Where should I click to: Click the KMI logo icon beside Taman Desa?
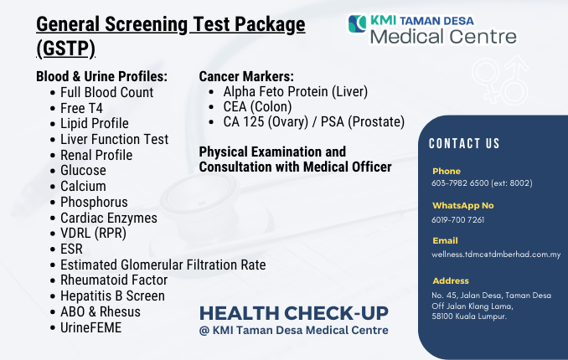click(358, 23)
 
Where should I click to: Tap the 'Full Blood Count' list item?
click(107, 92)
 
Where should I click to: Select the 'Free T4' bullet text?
click(81, 108)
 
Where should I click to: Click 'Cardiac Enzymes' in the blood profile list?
click(109, 218)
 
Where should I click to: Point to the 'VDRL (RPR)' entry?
click(93, 234)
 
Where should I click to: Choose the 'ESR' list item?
click(71, 249)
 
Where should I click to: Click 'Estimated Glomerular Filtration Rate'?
click(163, 265)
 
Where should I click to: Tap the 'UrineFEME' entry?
click(91, 327)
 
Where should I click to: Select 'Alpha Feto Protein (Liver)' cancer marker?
click(295, 91)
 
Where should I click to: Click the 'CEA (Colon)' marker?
click(257, 107)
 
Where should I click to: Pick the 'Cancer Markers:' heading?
click(246, 76)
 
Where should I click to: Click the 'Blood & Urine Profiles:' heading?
click(102, 76)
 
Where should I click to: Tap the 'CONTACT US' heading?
click(464, 143)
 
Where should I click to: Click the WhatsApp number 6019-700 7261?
click(458, 219)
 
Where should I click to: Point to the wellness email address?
click(496, 255)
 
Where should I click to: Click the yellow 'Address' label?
click(451, 280)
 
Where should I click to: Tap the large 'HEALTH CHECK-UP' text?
click(294, 313)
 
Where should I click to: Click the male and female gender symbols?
click(500, 80)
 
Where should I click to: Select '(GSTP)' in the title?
click(65, 49)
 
